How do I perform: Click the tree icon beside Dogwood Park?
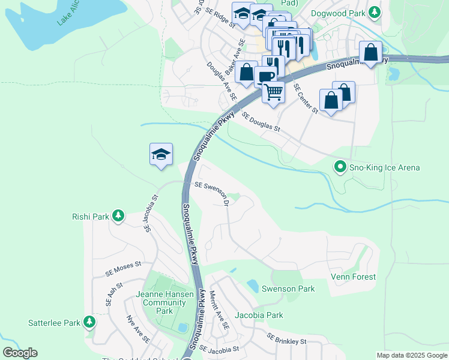click(375, 11)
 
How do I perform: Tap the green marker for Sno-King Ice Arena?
click(341, 167)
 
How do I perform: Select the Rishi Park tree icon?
click(118, 216)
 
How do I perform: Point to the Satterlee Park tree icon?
click(89, 323)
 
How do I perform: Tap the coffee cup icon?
click(265, 76)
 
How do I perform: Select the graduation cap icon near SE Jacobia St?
click(161, 154)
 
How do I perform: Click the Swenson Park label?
click(288, 289)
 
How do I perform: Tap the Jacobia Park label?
click(259, 315)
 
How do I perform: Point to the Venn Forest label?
click(354, 277)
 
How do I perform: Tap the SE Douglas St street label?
click(261, 121)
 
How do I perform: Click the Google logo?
click(20, 353)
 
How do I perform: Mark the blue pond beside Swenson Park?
click(253, 286)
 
